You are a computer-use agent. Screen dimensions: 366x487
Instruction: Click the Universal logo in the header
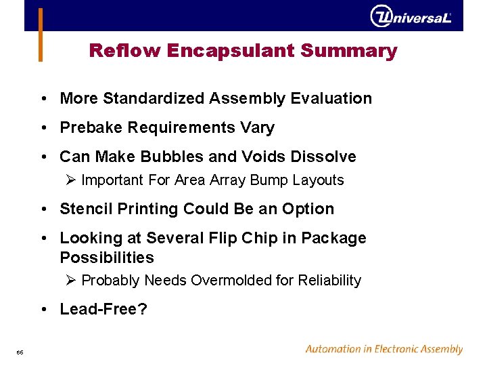coord(411,16)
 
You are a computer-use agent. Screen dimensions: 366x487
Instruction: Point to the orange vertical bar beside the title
coord(41,34)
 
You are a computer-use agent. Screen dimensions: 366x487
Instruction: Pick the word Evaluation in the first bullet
coord(331,98)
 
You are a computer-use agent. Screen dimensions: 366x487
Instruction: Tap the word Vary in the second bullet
coord(258,127)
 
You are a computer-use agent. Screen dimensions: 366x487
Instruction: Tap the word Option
coord(309,209)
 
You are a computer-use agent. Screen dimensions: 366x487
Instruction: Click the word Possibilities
coord(107,258)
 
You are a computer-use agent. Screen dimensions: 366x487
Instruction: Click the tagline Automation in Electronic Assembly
coord(384,349)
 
